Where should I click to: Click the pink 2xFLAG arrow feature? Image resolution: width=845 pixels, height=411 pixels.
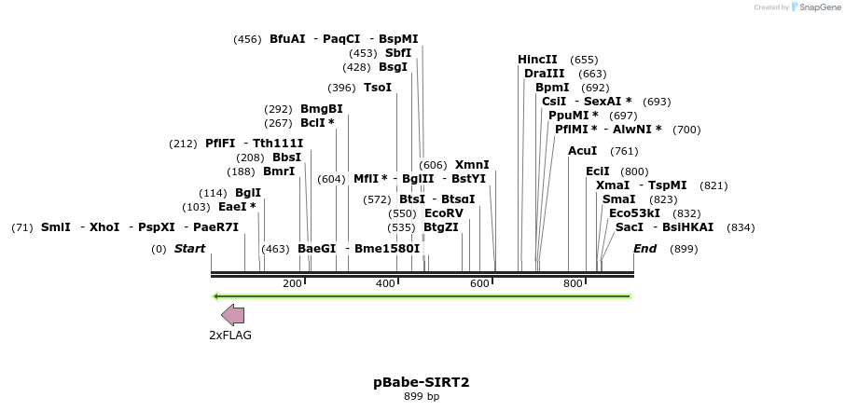[233, 316]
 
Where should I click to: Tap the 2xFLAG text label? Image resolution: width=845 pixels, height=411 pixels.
[230, 336]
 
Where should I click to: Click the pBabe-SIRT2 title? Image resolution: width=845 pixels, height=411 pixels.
[422, 382]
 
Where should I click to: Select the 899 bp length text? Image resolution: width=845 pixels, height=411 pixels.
[422, 396]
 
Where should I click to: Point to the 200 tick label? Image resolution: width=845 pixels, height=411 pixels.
[292, 283]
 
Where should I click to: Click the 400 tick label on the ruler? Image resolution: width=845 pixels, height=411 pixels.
[385, 283]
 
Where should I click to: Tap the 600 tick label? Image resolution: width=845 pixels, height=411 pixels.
[479, 283]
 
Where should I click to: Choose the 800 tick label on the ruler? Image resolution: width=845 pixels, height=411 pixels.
[573, 283]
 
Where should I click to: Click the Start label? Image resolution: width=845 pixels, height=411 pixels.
[190, 249]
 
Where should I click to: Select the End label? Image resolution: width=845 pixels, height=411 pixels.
[645, 249]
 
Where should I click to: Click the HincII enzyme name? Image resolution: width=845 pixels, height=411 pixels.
[537, 60]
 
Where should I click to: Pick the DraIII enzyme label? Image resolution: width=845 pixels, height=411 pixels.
[544, 74]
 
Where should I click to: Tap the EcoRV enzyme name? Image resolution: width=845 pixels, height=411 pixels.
[443, 213]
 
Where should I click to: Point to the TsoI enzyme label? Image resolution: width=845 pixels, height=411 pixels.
[378, 88]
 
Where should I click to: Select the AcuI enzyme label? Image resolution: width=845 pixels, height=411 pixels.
[583, 151]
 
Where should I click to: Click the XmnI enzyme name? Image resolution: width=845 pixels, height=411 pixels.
[472, 165]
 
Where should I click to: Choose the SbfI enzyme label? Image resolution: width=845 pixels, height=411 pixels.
[398, 53]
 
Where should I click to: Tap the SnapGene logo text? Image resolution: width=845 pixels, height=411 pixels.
[818, 7]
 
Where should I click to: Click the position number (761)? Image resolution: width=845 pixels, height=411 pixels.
[624, 151]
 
